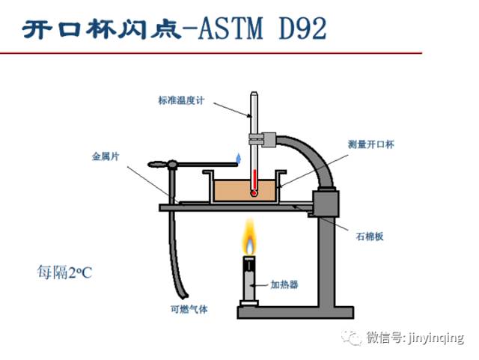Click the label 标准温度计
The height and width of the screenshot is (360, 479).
tap(180, 100)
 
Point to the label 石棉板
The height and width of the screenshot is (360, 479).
tap(370, 236)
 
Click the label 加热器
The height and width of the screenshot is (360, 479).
tap(284, 284)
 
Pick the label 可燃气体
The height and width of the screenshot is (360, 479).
tap(189, 309)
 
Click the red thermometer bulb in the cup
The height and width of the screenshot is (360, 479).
tap(254, 192)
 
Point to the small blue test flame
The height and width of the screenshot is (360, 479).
tap(239, 158)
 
